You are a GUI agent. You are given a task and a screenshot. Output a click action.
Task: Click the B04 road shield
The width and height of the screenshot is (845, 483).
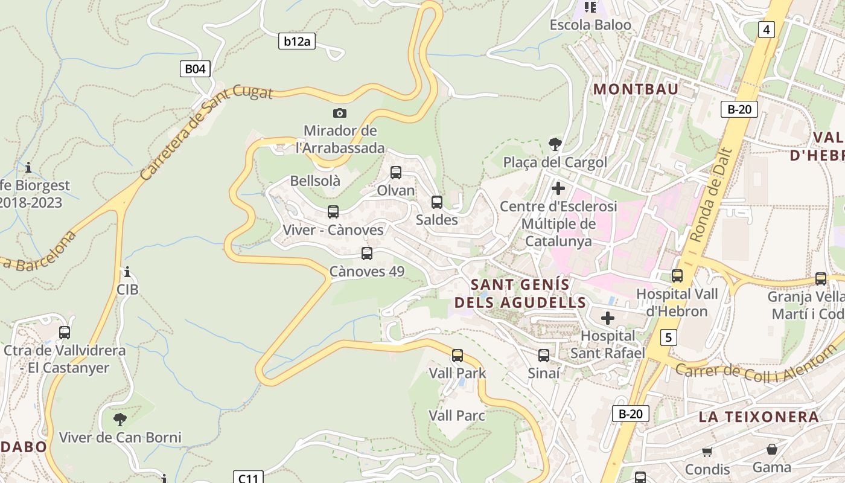pyautogui.click(x=195, y=69)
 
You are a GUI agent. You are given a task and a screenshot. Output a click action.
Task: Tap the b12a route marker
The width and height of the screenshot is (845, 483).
pyautogui.click(x=297, y=41)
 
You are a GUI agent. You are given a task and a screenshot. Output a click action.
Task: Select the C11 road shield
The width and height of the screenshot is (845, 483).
pyautogui.click(x=248, y=478)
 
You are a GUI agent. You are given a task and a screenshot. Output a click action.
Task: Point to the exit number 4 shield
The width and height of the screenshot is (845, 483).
pyautogui.click(x=766, y=29)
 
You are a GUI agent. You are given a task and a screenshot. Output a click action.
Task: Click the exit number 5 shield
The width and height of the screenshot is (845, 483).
pyautogui.click(x=668, y=337)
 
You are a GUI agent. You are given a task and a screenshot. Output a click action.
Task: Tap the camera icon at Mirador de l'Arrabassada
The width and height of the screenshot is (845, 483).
pyautogui.click(x=340, y=113)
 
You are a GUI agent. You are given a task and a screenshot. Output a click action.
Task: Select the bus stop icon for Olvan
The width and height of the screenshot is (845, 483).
pyautogui.click(x=396, y=173)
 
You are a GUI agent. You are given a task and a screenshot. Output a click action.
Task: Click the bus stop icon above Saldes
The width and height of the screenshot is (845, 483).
pyautogui.click(x=437, y=202)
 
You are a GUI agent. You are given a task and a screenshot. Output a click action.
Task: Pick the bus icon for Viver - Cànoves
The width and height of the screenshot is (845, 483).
pyautogui.click(x=333, y=212)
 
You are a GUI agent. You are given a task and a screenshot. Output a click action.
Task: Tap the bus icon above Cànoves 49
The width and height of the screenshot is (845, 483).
pyautogui.click(x=367, y=254)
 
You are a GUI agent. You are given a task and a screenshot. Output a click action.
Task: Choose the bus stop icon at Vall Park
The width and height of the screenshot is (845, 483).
pyautogui.click(x=458, y=355)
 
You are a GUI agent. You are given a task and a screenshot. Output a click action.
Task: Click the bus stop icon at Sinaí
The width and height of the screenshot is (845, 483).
pyautogui.click(x=544, y=355)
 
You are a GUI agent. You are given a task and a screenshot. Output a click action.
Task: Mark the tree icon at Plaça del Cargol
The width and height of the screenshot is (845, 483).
pyautogui.click(x=555, y=144)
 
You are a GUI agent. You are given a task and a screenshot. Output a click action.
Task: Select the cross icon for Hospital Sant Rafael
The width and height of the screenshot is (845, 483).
pyautogui.click(x=608, y=318)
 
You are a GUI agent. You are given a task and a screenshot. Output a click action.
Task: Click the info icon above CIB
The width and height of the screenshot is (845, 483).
pyautogui.click(x=127, y=272)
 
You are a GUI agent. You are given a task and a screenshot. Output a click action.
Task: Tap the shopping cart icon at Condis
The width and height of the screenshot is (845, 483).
pyautogui.click(x=707, y=452)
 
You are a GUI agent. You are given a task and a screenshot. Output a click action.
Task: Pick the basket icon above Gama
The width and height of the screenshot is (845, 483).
pyautogui.click(x=771, y=449)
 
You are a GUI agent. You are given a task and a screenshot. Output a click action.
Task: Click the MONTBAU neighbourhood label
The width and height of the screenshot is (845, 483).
pyautogui.click(x=636, y=89)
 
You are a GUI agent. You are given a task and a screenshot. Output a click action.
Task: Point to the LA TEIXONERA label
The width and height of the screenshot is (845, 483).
pyautogui.click(x=759, y=417)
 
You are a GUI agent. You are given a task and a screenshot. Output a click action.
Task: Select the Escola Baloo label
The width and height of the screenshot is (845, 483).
pyautogui.click(x=590, y=25)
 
